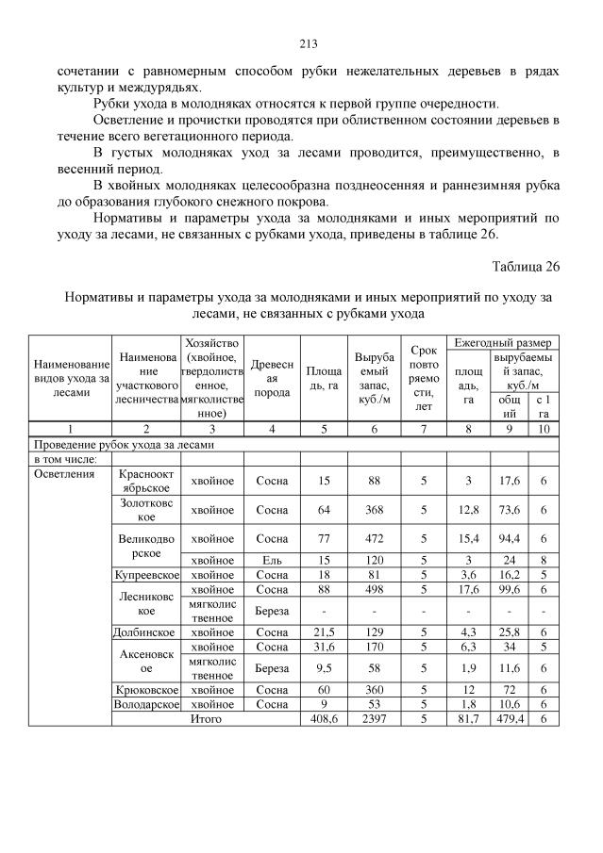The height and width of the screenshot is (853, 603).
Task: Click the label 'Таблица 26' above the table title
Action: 526,267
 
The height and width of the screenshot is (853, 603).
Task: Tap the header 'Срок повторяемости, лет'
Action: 424,377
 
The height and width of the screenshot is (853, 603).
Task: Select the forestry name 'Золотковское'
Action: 144,510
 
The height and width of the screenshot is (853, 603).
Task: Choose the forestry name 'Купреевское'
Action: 144,574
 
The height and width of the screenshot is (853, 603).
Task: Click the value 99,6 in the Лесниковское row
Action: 510,588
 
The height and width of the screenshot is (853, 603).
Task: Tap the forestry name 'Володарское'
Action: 144,704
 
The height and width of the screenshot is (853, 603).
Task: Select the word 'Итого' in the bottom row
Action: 206,717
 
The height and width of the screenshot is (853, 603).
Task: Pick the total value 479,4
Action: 510,717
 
